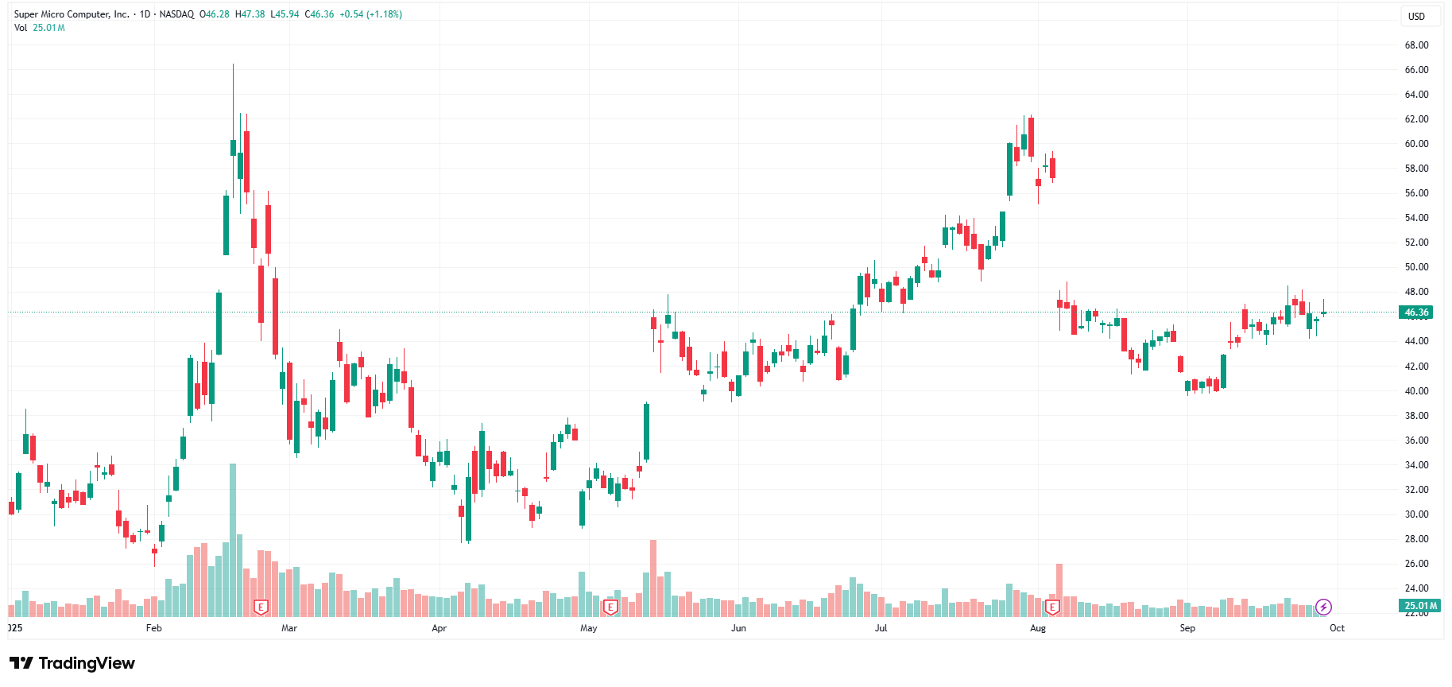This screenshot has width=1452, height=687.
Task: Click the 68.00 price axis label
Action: click(x=1416, y=45)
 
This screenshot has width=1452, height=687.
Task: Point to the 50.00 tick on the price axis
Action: click(x=1416, y=267)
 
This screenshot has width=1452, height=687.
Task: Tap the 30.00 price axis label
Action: click(x=1416, y=514)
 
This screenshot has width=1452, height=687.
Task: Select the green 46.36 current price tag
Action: click(x=1416, y=312)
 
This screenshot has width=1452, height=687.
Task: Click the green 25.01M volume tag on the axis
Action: click(x=1420, y=606)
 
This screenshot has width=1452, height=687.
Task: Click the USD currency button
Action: click(x=1416, y=16)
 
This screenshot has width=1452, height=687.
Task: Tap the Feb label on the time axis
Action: click(x=154, y=628)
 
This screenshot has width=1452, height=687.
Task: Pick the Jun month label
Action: click(x=738, y=628)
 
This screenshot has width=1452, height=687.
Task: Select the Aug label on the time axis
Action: click(x=1038, y=628)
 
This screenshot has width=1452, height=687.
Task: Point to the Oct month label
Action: click(x=1338, y=628)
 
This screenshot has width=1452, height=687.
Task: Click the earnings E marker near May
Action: click(x=610, y=607)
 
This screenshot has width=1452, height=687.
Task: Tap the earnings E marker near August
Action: click(x=1052, y=607)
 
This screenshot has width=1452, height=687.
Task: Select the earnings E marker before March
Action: click(x=261, y=607)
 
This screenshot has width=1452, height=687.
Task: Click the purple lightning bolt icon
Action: click(x=1323, y=607)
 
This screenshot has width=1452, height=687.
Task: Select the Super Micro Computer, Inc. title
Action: click(x=72, y=14)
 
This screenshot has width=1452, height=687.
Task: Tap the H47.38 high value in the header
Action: click(x=250, y=14)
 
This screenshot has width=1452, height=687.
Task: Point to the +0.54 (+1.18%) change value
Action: click(x=370, y=14)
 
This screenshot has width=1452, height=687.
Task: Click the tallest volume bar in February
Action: click(x=233, y=541)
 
